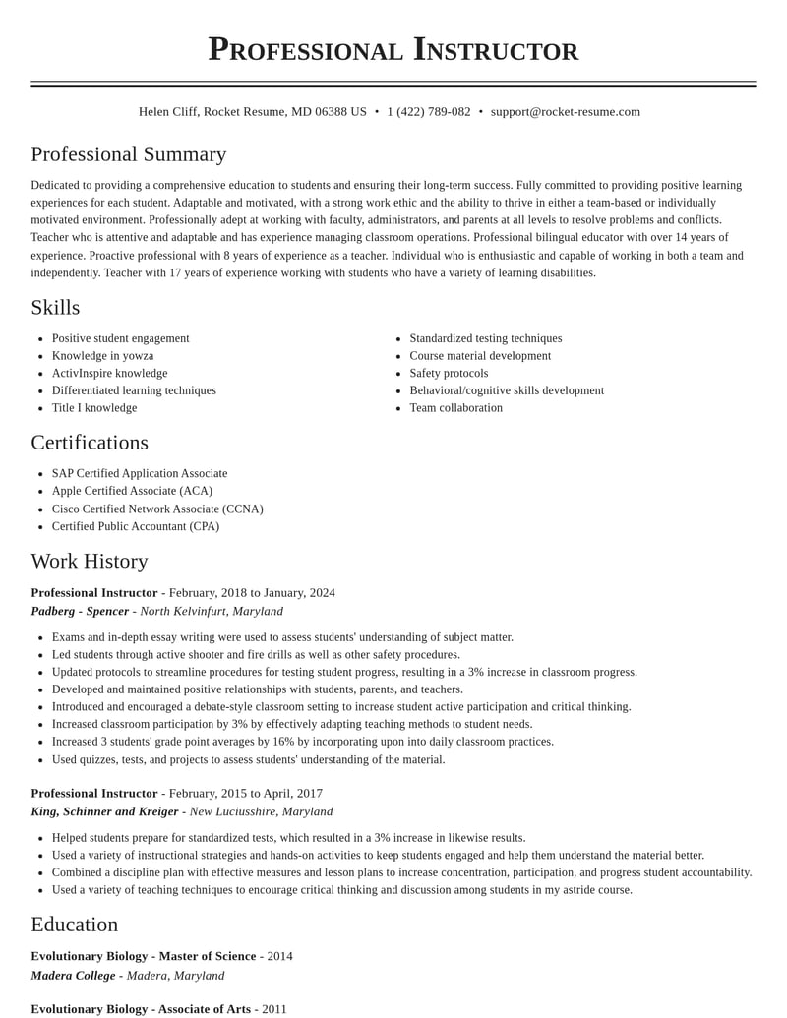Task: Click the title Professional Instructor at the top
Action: coord(393,49)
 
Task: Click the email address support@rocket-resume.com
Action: coord(565,112)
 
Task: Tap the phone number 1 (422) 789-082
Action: coord(428,112)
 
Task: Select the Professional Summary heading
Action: coord(129,154)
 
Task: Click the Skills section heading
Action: coord(55,308)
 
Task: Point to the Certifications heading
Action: coord(90,443)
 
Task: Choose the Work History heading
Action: coord(90,562)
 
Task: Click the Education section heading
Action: coord(75,925)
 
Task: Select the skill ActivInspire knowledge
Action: coord(109,374)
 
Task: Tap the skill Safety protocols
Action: coord(449,374)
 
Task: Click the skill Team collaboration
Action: coord(455,408)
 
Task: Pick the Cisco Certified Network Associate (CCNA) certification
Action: coord(157,509)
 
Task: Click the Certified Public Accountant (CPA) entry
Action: coord(136,527)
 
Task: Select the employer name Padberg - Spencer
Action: coord(80,612)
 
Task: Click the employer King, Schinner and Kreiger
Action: coord(104,812)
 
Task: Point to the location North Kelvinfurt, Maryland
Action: coord(212,612)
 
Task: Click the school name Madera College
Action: coord(73,976)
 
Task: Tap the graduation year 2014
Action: coord(279,957)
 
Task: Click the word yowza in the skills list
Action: coord(137,356)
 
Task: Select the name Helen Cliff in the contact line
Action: coord(168,112)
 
